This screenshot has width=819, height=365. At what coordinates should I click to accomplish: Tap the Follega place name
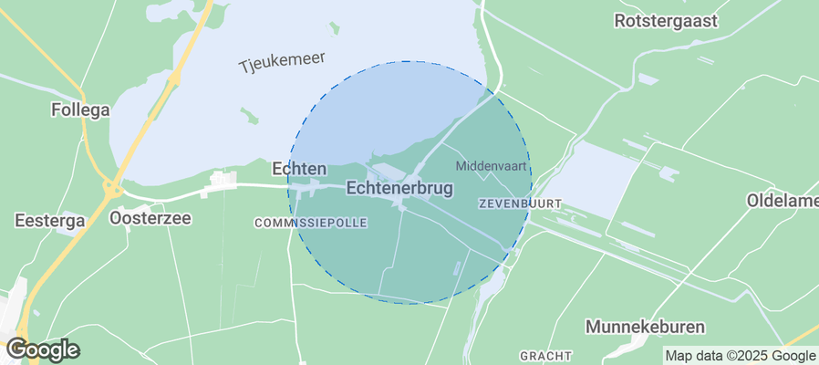coord(80,110)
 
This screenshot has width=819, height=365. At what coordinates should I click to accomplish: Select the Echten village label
coord(299,169)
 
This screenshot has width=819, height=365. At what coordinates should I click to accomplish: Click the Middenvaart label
coord(491,166)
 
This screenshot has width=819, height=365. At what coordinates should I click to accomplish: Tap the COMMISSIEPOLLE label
coord(310,223)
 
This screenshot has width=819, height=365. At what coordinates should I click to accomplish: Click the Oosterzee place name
coord(150,219)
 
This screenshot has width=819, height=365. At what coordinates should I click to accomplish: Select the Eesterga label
coord(50,220)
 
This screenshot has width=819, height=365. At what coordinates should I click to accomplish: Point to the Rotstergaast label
coord(667,20)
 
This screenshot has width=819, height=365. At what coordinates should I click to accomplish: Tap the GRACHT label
coord(545,355)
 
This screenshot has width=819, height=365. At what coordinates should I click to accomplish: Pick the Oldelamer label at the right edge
coord(783,200)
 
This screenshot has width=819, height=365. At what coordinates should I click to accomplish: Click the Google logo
coord(42,349)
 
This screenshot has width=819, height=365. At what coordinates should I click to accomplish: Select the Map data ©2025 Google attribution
coord(740,356)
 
